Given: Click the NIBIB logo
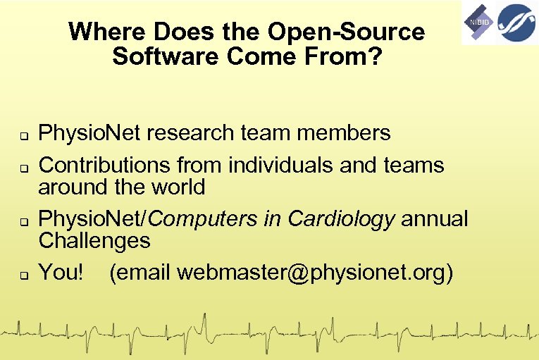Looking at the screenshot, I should tap(478, 23).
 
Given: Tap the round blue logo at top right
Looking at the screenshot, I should tap(515, 23).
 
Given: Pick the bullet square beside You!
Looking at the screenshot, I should tap(23, 275).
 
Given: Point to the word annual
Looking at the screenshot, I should tap(434, 219).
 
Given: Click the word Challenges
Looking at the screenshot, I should tap(94, 241).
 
